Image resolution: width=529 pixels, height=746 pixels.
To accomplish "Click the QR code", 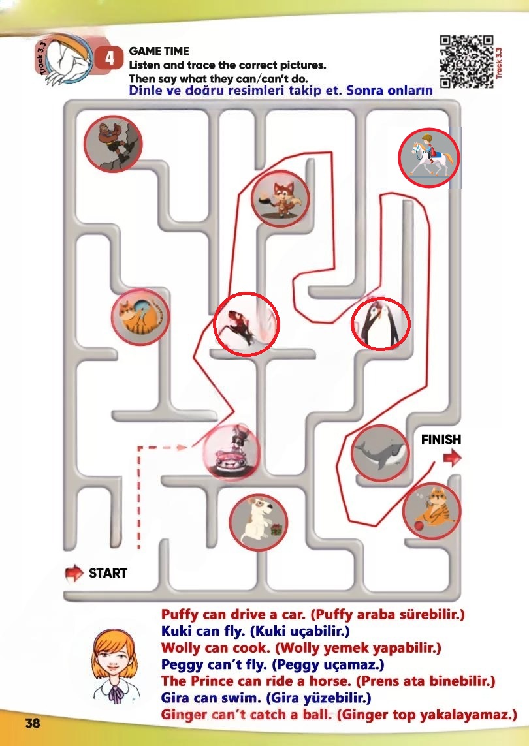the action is [x=466, y=62].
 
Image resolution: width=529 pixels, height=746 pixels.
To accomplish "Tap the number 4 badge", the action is [x=110, y=59].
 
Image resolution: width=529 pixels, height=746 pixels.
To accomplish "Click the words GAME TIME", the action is [x=159, y=51].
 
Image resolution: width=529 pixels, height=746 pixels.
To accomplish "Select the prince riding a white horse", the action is [x=429, y=157].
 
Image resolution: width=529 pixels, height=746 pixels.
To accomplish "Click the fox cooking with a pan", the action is [x=280, y=199].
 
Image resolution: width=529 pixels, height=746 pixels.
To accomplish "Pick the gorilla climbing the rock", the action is [x=114, y=143].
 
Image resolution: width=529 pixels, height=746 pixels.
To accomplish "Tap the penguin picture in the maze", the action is [x=381, y=324].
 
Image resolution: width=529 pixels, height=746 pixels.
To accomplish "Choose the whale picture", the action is [x=381, y=453].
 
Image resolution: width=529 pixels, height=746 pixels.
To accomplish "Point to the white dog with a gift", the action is [x=259, y=523].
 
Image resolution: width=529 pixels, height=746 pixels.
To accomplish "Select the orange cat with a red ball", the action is [x=432, y=511].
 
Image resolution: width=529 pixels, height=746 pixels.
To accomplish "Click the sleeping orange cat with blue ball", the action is [x=140, y=317].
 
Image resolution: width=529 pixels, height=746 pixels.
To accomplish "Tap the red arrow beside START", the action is [x=74, y=572].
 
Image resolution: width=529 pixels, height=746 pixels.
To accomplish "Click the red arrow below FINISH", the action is [x=453, y=458].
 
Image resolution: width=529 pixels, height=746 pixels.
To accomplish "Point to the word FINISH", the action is [x=441, y=439].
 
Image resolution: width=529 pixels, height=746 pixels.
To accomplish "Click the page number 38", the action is [x=33, y=723].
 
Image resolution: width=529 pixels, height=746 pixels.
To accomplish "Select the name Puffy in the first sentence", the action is [x=180, y=615].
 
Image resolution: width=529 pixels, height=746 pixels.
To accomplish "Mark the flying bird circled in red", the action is [x=246, y=324].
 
